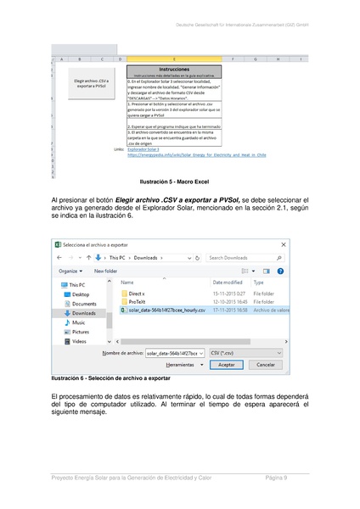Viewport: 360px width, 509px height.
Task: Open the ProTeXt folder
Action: click(138, 301)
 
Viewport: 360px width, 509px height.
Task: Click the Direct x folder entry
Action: click(137, 293)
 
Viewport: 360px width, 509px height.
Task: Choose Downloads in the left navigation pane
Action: click(84, 312)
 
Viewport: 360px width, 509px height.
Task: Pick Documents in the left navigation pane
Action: click(84, 303)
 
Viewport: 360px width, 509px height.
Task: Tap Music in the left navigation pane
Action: click(78, 322)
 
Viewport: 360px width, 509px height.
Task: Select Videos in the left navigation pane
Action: click(79, 341)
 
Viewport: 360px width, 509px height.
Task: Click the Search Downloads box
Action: click(244, 257)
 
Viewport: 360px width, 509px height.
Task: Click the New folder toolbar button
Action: click(105, 271)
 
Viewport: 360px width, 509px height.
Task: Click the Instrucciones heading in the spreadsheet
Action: click(174, 70)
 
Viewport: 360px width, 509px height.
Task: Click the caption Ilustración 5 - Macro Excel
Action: click(179, 182)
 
